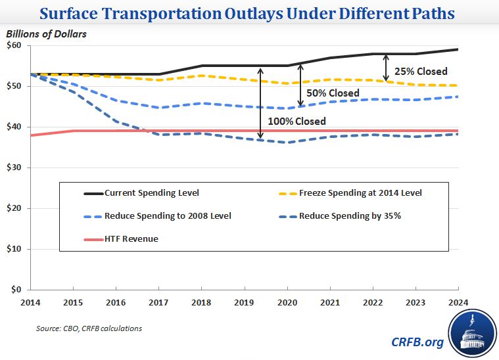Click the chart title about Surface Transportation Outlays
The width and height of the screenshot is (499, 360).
[249, 14]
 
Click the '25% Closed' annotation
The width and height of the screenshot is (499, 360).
[420, 71]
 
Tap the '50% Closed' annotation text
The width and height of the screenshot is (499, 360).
[333, 93]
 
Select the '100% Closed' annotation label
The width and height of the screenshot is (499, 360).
[296, 121]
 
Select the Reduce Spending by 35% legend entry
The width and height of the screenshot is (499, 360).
[349, 215]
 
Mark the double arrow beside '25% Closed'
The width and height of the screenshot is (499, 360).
[386, 67]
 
